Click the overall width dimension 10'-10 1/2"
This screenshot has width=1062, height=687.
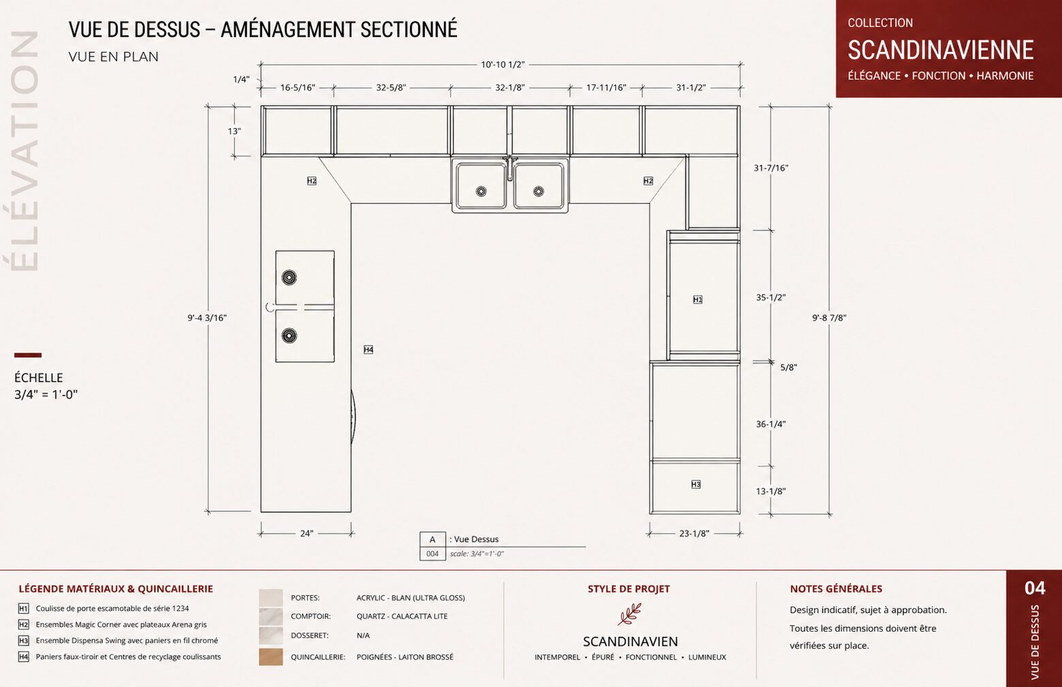tap(503, 65)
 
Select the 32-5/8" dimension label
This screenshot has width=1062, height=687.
tap(390, 88)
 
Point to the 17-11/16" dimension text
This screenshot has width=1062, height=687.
tap(606, 88)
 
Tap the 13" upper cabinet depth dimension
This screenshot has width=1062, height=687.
tap(234, 131)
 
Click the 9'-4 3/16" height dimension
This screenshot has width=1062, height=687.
tap(207, 318)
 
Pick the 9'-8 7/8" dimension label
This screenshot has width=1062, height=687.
tap(829, 318)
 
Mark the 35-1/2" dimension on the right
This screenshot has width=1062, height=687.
tap(771, 298)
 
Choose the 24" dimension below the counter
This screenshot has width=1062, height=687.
tap(307, 534)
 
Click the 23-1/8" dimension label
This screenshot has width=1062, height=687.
tap(694, 534)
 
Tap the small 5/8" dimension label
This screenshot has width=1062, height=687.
tap(788, 367)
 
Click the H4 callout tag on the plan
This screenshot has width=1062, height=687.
tap(369, 350)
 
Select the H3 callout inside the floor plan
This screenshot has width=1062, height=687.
tap(696, 484)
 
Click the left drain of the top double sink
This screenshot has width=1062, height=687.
tap(481, 191)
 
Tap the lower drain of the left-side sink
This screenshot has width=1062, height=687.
tap(289, 336)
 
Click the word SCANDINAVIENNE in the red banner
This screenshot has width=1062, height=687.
tap(941, 50)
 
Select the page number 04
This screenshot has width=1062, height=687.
tap(1035, 588)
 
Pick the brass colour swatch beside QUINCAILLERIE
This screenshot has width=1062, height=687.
tap(270, 656)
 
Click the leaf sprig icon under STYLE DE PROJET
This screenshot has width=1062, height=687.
tap(629, 614)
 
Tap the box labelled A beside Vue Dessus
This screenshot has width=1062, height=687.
tap(433, 539)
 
